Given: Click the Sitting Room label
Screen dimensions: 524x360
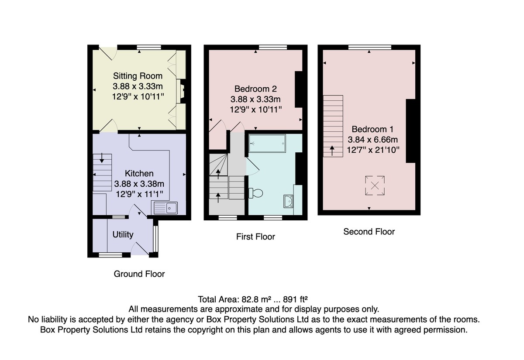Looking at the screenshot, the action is (x=138, y=76).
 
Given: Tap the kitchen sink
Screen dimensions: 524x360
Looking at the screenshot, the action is (x=165, y=208).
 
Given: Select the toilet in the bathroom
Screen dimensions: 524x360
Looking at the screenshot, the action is (x=256, y=193).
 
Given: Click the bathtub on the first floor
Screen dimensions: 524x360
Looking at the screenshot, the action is (x=267, y=143).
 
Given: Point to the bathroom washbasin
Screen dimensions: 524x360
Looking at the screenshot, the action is (x=289, y=202).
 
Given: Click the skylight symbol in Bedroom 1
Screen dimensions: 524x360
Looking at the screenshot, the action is (x=375, y=185).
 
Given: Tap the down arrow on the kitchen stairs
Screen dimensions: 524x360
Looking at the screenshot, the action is (x=102, y=158).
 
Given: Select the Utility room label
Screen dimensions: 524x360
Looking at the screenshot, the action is (x=123, y=234).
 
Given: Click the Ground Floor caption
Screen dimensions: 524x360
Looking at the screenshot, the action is (x=139, y=274).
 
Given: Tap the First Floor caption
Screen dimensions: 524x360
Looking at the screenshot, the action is (x=255, y=237).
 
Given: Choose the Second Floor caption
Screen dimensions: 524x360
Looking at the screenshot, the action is (x=369, y=231).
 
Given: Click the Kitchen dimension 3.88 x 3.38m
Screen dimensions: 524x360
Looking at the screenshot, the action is (x=139, y=184).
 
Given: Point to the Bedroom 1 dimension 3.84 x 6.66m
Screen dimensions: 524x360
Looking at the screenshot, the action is (x=372, y=140).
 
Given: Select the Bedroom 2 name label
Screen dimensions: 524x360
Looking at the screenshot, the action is (x=255, y=89).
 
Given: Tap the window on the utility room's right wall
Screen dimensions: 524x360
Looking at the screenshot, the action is (x=156, y=239).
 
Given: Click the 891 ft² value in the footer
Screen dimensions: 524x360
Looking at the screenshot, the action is (x=295, y=299).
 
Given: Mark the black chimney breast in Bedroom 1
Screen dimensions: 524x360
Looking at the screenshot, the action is (x=410, y=131).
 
